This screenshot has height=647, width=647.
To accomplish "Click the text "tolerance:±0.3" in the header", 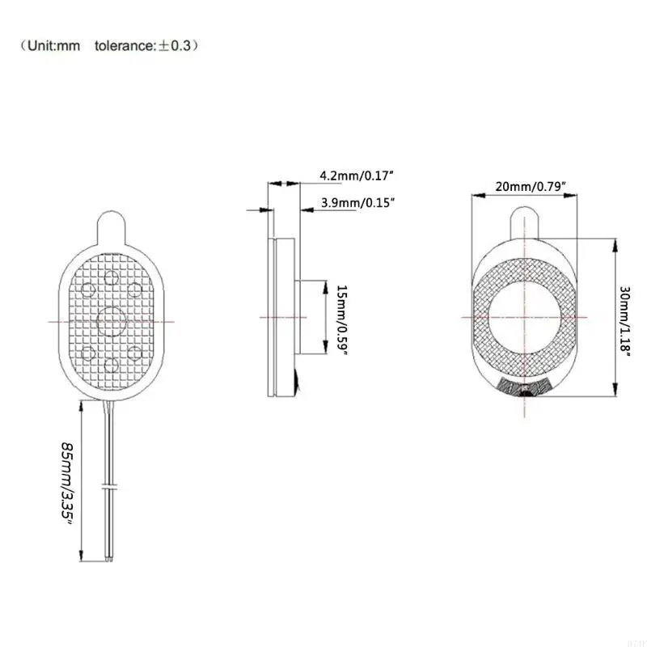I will click(142, 46).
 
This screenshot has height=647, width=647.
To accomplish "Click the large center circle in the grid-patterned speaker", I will click(111, 320).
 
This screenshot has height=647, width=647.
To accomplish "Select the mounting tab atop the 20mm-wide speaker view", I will click(525, 222).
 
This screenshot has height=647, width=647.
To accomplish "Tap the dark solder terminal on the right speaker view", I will click(525, 389).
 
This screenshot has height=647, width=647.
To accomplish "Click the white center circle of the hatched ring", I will click(525, 315).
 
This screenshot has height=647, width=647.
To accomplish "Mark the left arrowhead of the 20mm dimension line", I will click(476, 194).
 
